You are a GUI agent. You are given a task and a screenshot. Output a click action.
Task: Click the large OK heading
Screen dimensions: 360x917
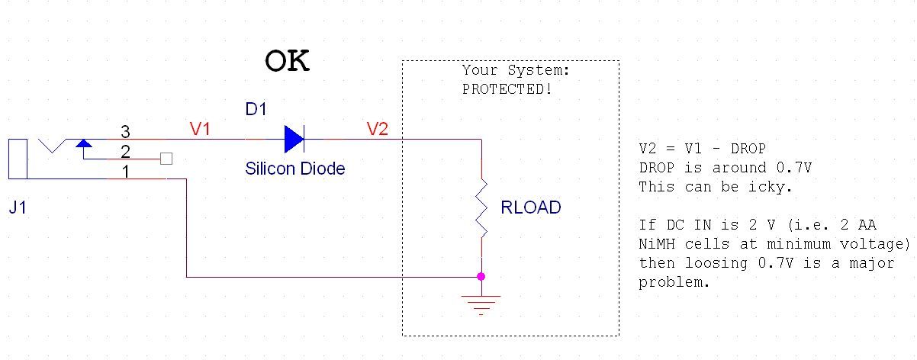287,61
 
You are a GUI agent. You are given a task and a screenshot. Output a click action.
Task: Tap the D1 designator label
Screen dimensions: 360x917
256,110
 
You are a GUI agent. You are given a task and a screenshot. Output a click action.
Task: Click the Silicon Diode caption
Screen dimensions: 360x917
294,169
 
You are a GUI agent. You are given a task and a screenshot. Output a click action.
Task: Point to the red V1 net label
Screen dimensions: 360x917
200,129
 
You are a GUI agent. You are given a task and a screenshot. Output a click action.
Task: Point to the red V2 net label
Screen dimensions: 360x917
378,129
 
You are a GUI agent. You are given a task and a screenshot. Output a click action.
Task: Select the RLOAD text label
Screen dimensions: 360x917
531,207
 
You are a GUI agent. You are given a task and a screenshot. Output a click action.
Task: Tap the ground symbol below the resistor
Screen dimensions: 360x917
481,303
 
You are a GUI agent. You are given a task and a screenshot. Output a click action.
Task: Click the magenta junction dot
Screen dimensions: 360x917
481,276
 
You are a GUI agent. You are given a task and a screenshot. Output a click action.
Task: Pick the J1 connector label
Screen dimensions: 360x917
19,207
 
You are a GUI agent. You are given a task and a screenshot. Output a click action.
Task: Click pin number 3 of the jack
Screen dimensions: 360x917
126,131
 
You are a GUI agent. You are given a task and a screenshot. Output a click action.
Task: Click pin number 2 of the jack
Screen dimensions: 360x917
126,151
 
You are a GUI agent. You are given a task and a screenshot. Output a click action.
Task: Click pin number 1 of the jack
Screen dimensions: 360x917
126,171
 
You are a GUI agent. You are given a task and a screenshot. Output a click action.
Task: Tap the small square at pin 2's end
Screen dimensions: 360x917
166,159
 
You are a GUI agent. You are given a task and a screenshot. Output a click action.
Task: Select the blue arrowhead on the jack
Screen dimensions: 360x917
83,143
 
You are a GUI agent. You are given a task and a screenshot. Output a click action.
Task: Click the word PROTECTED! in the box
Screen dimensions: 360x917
507,89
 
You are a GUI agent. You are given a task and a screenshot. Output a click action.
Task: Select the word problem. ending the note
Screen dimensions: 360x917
674,282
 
